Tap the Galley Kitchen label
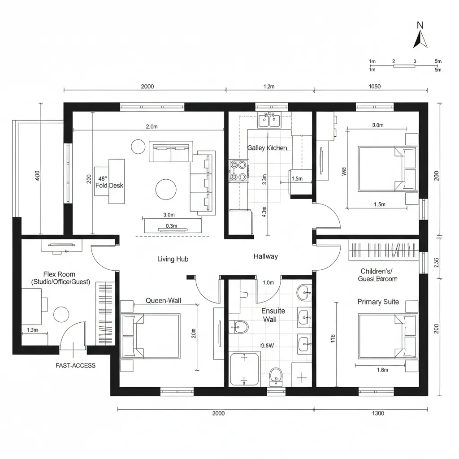pyautogui.click(x=267, y=148)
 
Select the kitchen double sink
pyautogui.click(x=269, y=120)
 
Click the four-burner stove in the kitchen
pyautogui.click(x=239, y=171)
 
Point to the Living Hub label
pyautogui.click(x=173, y=259)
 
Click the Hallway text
pyautogui.click(x=265, y=257)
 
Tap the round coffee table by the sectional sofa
pyautogui.click(x=165, y=189)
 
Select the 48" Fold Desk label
pyautogui.click(x=109, y=182)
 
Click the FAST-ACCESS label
pyautogui.click(x=75, y=365)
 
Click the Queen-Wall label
pyautogui.click(x=163, y=301)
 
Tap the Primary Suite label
pyautogui.click(x=378, y=302)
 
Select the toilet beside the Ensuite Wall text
pyautogui.click(x=239, y=327)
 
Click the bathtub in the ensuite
pyautogui.click(x=244, y=369)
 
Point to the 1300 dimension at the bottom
pyautogui.click(x=378, y=414)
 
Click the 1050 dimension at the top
pyautogui.click(x=374, y=87)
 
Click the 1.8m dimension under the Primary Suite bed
pyautogui.click(x=382, y=370)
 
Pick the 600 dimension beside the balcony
pyautogui.click(x=37, y=176)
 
